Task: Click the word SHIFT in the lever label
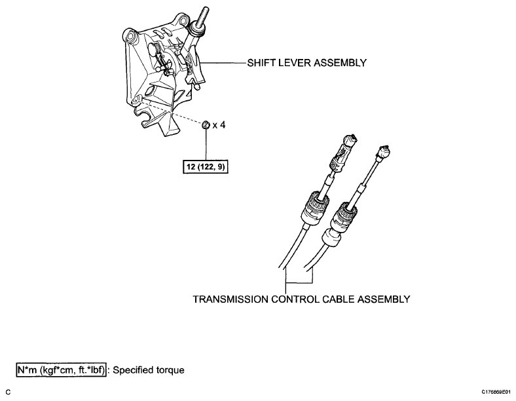[x=260, y=64]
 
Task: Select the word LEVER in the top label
[x=293, y=64]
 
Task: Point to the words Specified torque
[x=149, y=370]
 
